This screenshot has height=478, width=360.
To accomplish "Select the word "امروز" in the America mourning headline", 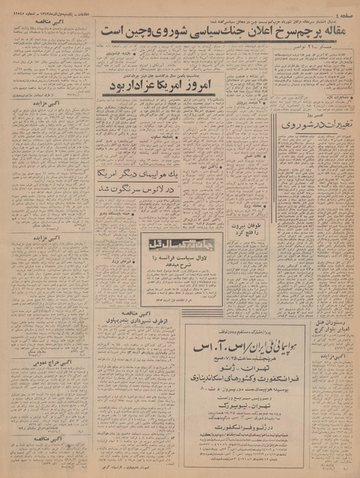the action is coord(196,83).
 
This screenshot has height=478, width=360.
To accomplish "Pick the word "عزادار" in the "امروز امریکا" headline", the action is coord(135,83).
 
